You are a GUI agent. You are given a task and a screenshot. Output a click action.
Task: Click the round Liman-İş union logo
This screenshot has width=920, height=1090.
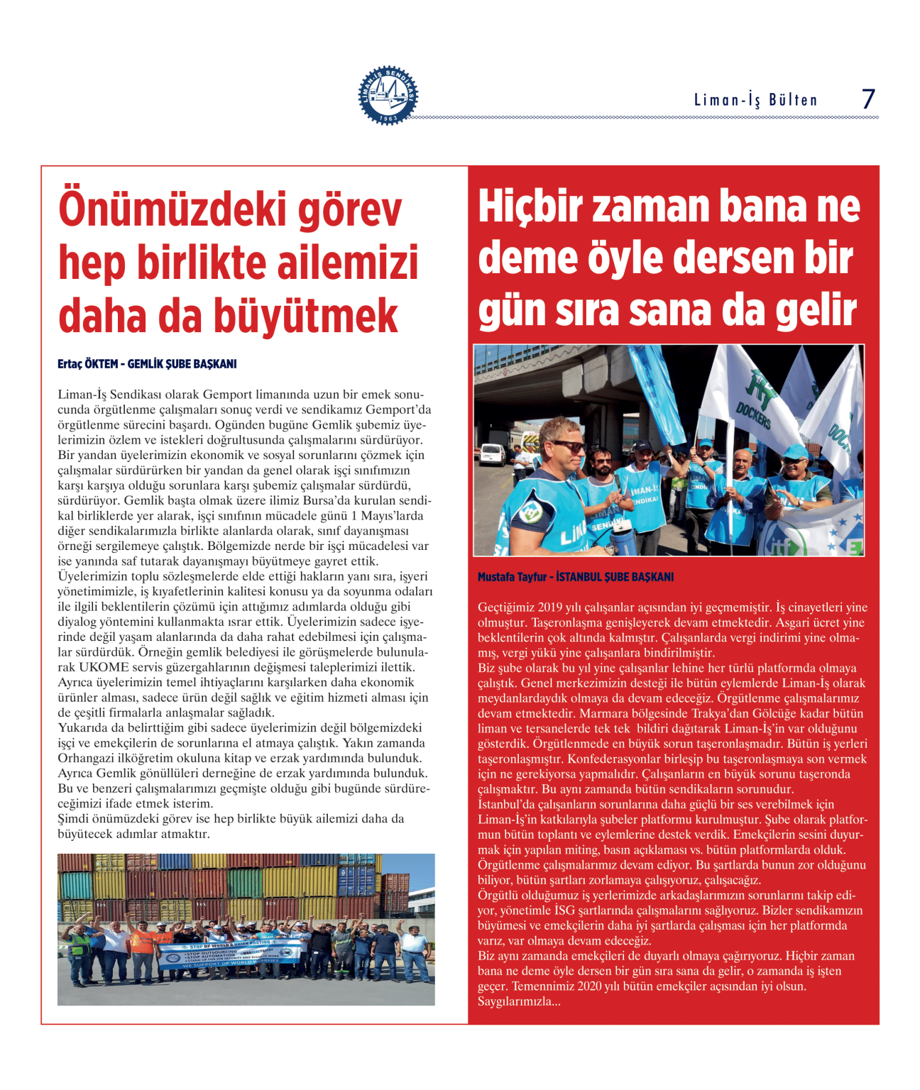[x=388, y=96]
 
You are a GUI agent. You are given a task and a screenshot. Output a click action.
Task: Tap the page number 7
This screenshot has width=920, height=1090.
[x=868, y=99]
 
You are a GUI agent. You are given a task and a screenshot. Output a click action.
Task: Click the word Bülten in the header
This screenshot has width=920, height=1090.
[x=793, y=100]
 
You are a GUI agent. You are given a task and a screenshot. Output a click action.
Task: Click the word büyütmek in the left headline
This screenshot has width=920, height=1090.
[x=305, y=316]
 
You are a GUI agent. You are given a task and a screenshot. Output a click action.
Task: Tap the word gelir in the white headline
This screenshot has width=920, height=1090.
[x=816, y=311]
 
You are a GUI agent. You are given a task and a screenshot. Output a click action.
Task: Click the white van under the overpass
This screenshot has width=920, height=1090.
[x=492, y=454]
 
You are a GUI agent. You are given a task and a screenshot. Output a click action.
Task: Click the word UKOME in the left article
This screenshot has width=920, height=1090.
[x=104, y=668]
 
